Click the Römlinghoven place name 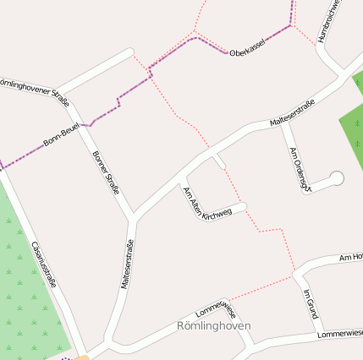[x=214, y=325]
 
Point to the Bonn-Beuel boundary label [x=61, y=136]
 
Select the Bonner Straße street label [x=106, y=172]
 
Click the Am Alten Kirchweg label [x=206, y=203]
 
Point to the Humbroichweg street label [x=329, y=21]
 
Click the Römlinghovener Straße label [x=36, y=86]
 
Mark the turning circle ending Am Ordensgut [x=336, y=178]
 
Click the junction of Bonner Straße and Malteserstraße [x=132, y=217]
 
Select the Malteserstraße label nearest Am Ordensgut [x=293, y=113]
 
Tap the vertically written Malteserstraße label [x=127, y=265]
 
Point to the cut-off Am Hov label [x=350, y=256]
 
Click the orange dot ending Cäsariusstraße [x=83, y=357]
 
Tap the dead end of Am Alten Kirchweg [x=245, y=206]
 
